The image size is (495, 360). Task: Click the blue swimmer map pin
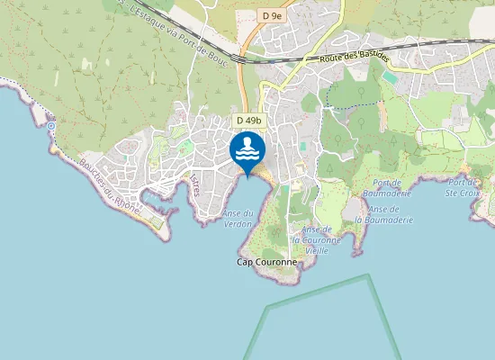tap(247, 149)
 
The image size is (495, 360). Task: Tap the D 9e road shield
tap(273, 15)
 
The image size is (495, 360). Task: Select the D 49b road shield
tap(249, 121)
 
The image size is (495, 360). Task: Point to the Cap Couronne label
tap(265, 262)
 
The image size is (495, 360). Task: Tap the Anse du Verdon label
tap(238, 218)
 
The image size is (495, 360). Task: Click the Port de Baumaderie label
tap(386, 186)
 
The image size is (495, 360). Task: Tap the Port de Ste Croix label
tap(466, 186)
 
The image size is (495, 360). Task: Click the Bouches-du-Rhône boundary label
tap(108, 184)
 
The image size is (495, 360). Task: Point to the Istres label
tap(194, 184)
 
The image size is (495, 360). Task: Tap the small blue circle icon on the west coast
tap(52, 127)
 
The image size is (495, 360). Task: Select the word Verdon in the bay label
tap(238, 223)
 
